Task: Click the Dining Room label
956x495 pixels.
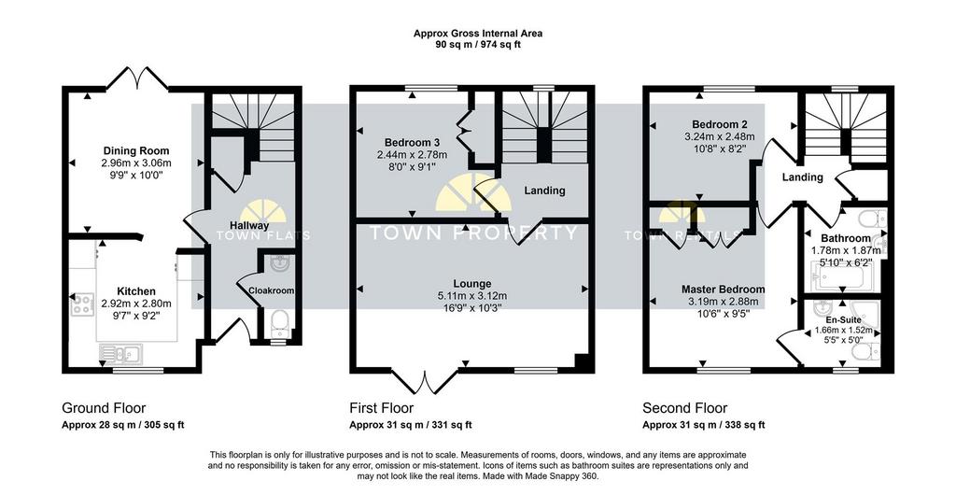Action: (136, 151)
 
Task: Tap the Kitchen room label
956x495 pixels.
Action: (136, 292)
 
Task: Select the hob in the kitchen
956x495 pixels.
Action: (82, 304)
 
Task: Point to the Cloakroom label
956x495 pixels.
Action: (272, 290)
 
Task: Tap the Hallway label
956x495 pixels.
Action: (249, 226)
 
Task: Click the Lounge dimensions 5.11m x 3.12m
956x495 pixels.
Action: (472, 296)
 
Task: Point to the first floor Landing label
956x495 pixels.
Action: (544, 191)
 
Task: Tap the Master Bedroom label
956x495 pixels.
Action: (724, 290)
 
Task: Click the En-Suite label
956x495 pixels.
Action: (844, 319)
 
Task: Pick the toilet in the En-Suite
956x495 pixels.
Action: (866, 352)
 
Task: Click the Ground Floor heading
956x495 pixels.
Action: (105, 408)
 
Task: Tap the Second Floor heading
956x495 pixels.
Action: (685, 408)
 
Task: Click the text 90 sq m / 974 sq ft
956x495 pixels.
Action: (477, 45)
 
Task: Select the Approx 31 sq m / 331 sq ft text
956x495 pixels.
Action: (411, 426)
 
